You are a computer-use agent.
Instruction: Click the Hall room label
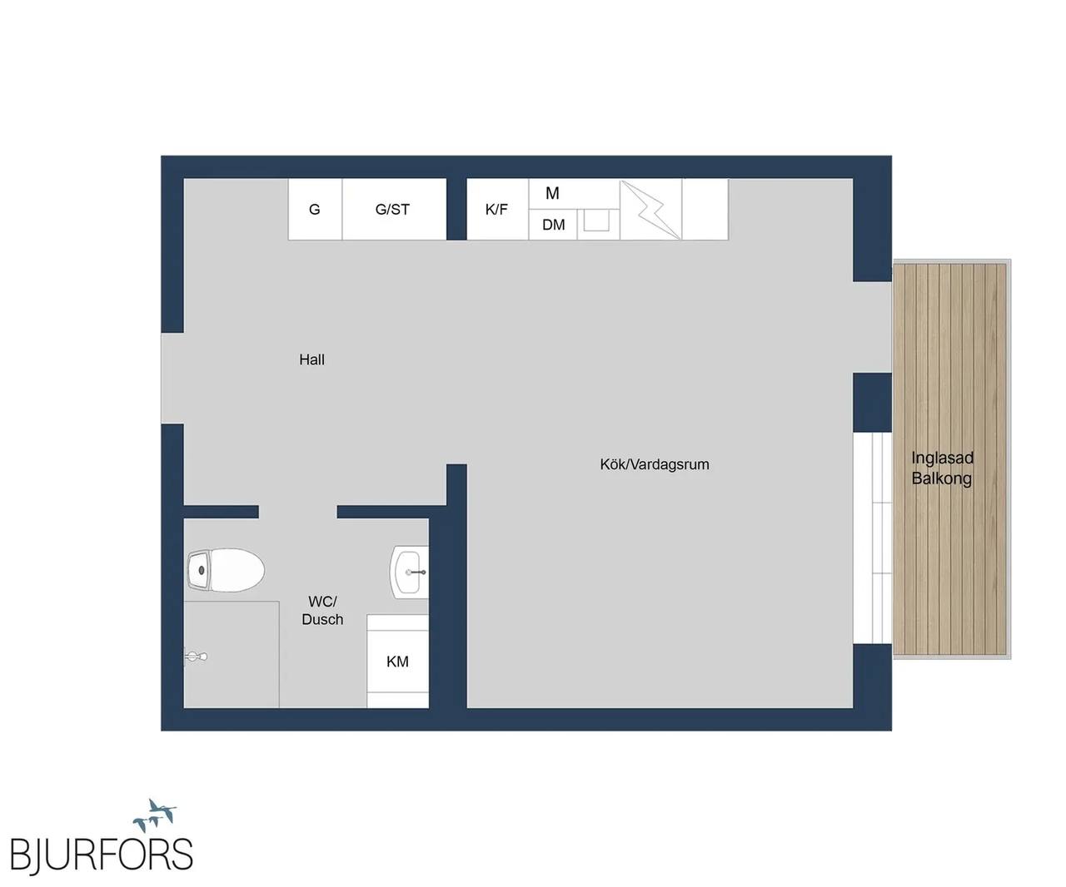(x=311, y=359)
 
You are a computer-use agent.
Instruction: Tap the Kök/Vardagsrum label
(x=654, y=464)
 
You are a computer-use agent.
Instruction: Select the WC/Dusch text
(x=322, y=610)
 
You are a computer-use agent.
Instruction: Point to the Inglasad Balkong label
(x=942, y=468)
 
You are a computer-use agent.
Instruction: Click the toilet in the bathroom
(x=225, y=570)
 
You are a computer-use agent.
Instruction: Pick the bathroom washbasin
(x=409, y=572)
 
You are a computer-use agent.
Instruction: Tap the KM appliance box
(x=397, y=661)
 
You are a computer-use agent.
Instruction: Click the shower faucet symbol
(x=195, y=656)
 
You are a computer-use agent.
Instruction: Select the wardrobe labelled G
(x=315, y=209)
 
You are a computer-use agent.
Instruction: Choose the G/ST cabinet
(x=394, y=209)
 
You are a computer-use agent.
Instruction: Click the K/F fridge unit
(x=497, y=209)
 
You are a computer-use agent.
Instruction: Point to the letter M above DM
(x=552, y=193)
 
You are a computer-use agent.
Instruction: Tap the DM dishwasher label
(x=554, y=225)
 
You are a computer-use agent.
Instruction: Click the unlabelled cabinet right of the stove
(x=705, y=209)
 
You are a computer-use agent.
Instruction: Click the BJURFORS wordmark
(x=101, y=854)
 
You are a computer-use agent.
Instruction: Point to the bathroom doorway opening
(x=297, y=512)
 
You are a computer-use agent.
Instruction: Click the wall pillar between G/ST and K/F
(x=456, y=209)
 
